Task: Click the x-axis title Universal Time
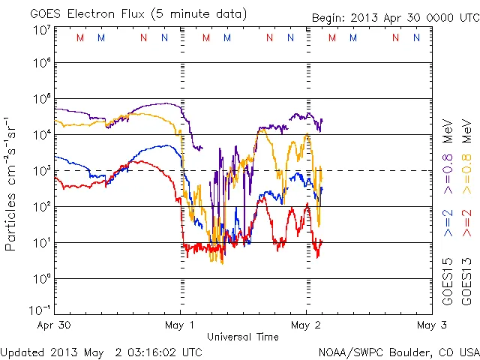tap(242, 337)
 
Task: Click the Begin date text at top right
tap(394, 17)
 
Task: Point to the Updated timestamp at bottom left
tap(100, 351)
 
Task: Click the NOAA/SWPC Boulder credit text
tap(398, 351)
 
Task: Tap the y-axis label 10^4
tap(40, 135)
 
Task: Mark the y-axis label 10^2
tap(40, 207)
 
